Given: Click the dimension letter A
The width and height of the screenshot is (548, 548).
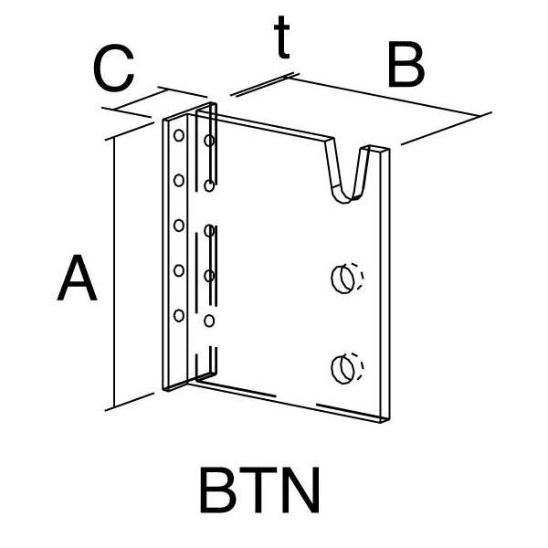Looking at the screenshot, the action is click(x=77, y=278).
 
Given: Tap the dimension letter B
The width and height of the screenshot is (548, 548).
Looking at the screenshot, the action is click(x=406, y=64).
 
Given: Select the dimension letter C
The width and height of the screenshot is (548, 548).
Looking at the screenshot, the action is click(x=114, y=68).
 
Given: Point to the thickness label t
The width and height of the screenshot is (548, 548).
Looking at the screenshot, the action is click(x=281, y=37).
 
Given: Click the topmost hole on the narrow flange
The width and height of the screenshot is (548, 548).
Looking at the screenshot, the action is click(x=179, y=135).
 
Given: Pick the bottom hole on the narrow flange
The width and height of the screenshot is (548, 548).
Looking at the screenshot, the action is click(x=179, y=316).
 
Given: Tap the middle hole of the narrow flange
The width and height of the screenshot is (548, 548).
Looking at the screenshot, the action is click(x=179, y=226).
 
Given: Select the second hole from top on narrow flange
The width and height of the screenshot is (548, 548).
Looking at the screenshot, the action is click(x=179, y=180).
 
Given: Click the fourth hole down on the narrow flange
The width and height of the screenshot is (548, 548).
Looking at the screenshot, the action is click(x=179, y=270).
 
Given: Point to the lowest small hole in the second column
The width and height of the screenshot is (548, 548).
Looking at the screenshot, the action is click(x=209, y=321).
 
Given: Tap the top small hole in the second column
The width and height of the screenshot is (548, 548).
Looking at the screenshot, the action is click(x=209, y=141).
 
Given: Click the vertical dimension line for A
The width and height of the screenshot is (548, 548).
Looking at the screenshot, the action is click(x=114, y=273).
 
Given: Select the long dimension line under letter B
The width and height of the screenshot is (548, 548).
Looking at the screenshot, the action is click(x=385, y=97).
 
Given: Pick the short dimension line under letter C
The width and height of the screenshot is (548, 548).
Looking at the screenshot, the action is click(x=140, y=100).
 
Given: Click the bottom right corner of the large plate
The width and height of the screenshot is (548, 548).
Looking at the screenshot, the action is click(x=389, y=418).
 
